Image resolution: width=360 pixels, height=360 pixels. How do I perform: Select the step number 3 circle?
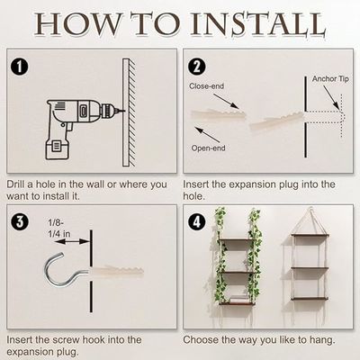[x=20, y=220]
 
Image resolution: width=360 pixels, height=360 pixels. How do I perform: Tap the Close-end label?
[x=207, y=86]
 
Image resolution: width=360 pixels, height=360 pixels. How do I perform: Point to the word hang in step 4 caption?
[x=320, y=340]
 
